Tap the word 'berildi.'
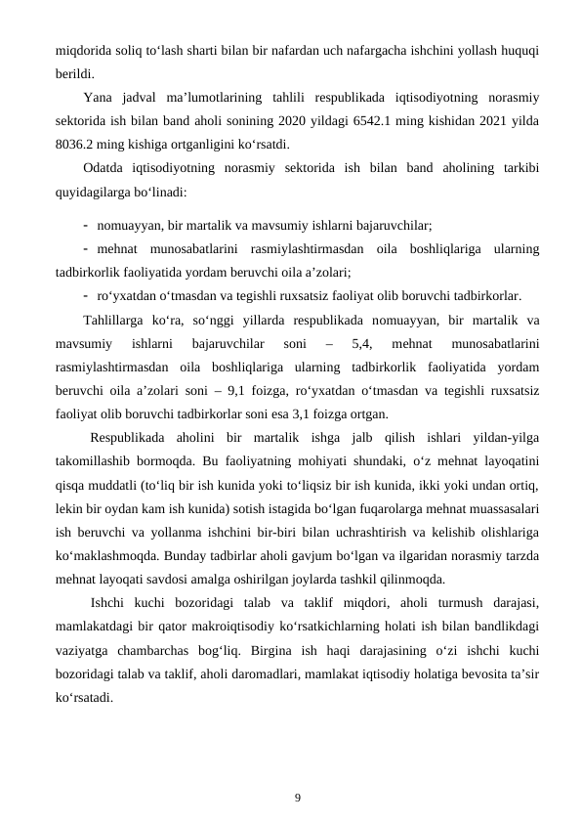tap(75, 73)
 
